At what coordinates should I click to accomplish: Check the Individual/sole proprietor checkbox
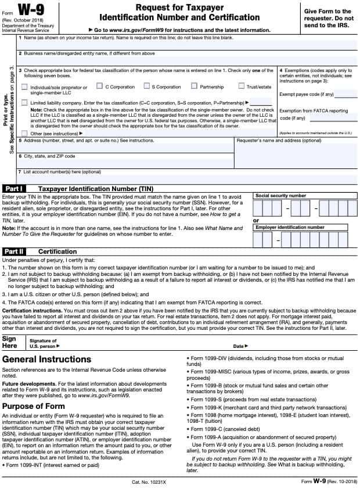[x=24, y=87]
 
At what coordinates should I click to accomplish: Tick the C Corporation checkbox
[x=99, y=87]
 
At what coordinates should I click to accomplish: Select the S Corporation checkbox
[x=147, y=87]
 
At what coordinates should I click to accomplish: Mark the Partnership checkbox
[x=195, y=87]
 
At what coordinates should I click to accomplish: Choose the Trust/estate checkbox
[x=241, y=87]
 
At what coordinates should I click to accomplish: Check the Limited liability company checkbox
[x=24, y=102]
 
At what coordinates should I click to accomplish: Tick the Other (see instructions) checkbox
[x=24, y=133]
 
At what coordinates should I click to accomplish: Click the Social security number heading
[x=280, y=196]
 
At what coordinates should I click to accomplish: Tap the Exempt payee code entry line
[x=346, y=96]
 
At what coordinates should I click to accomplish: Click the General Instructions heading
[x=46, y=359]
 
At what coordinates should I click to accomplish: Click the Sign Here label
[x=10, y=341]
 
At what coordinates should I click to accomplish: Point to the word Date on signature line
[x=238, y=346]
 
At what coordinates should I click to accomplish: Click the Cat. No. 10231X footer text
[x=149, y=482]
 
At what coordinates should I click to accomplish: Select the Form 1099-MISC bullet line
[x=268, y=372]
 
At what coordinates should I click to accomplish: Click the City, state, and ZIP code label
[x=49, y=156]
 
